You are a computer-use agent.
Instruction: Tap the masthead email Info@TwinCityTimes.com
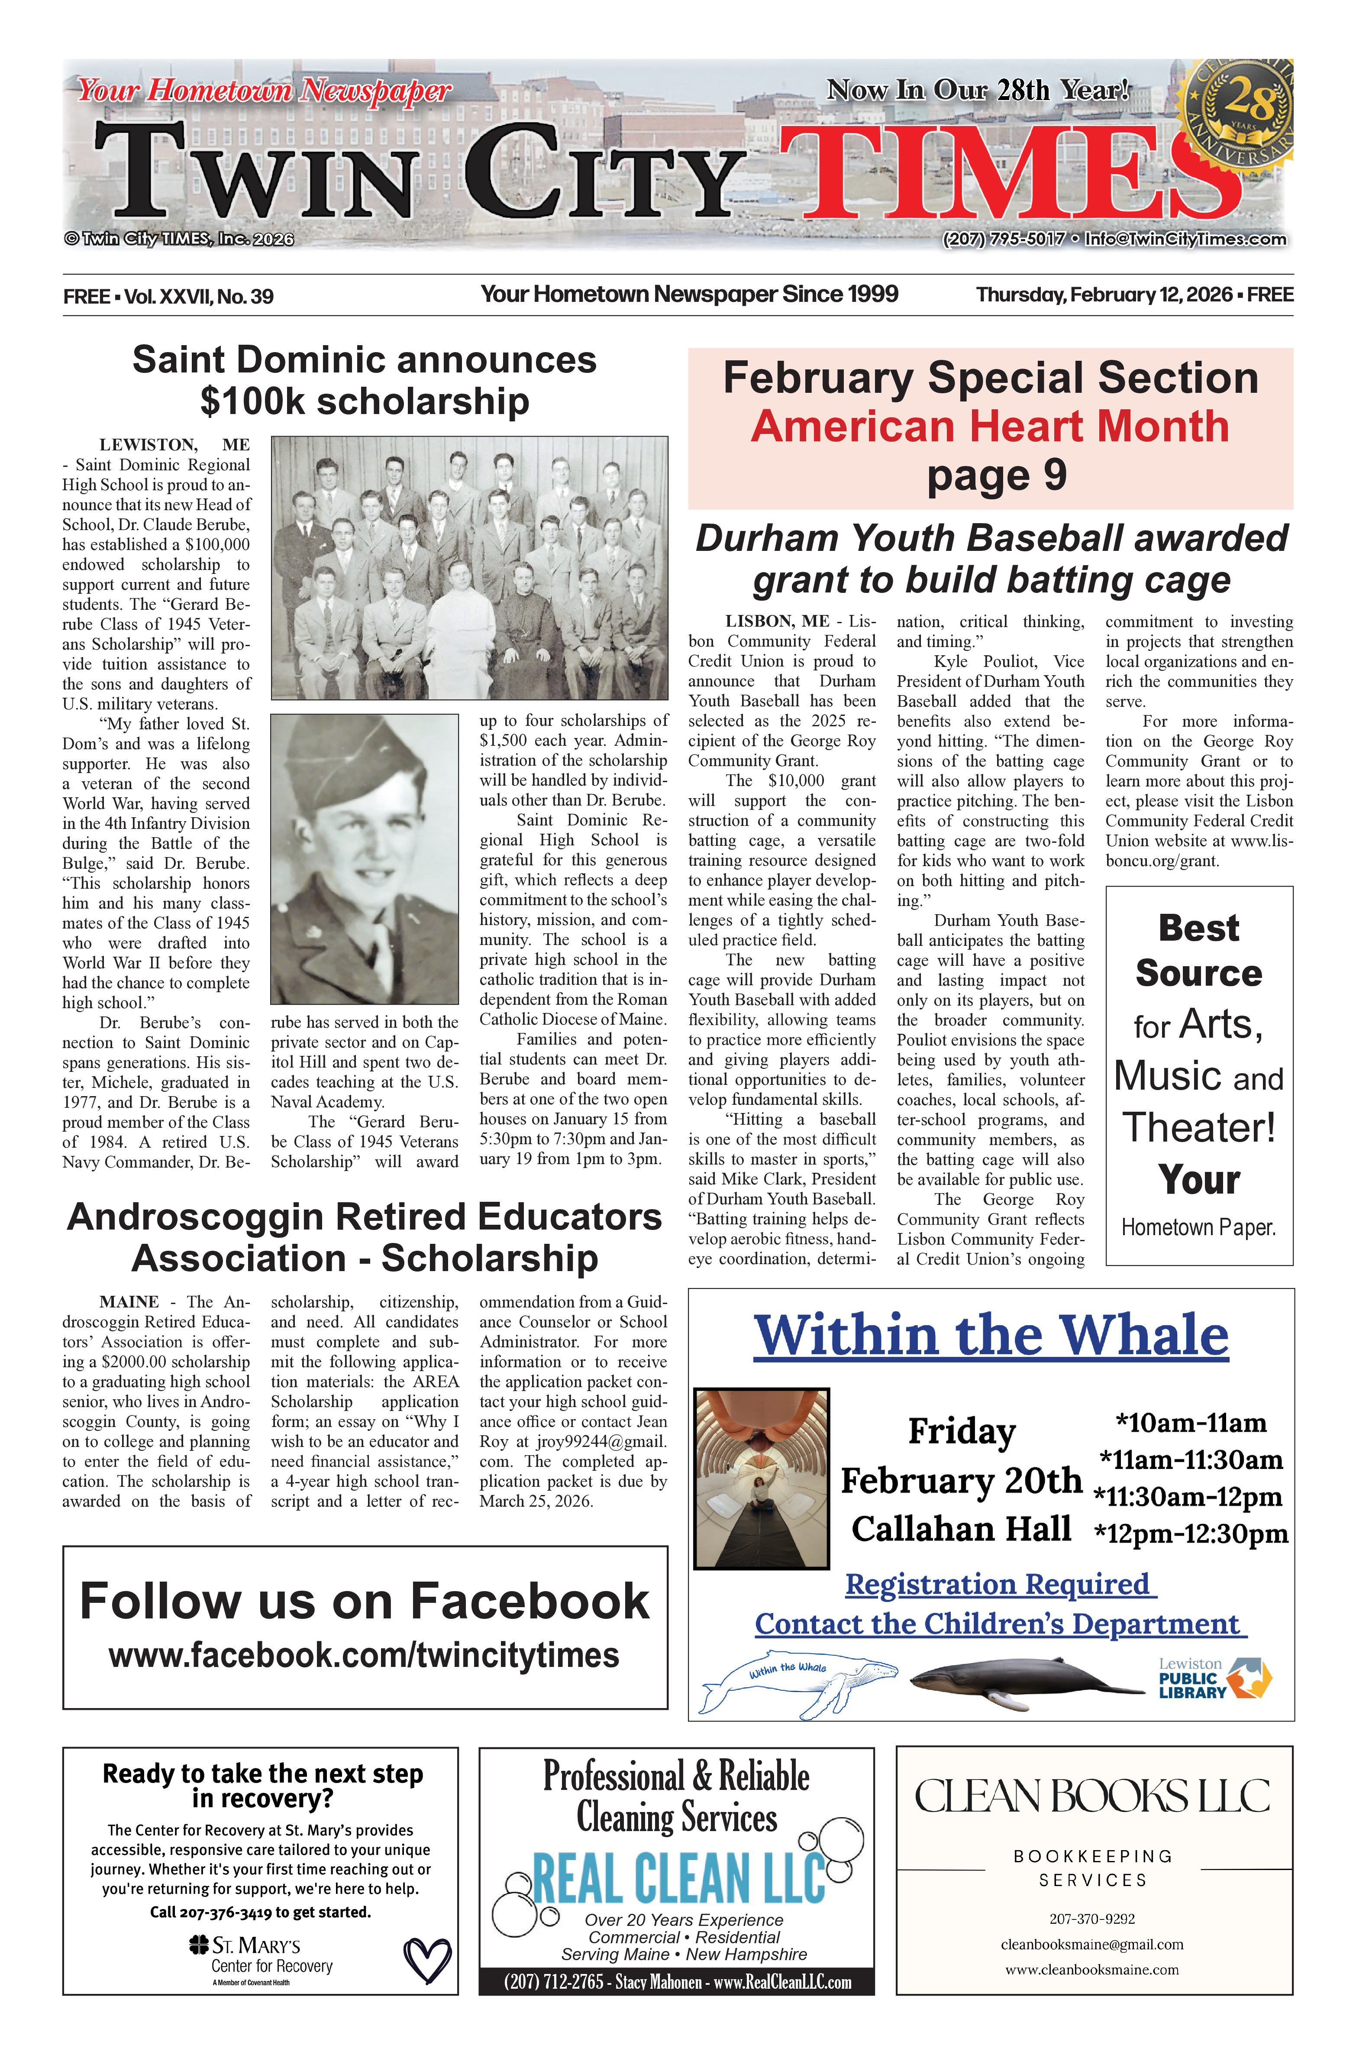click(x=1185, y=239)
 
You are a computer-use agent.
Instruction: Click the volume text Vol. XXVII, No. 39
click(x=199, y=297)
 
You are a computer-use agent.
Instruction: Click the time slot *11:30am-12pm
click(x=1187, y=1497)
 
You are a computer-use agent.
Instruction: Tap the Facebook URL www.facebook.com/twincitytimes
click(x=364, y=1656)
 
